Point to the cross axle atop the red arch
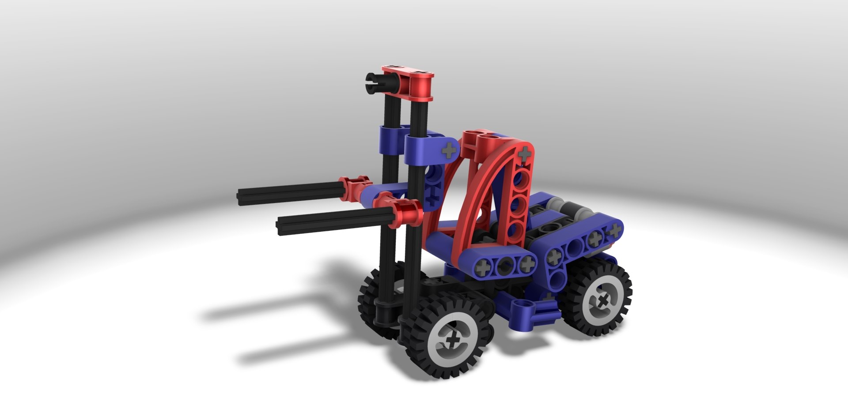point(524,154)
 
